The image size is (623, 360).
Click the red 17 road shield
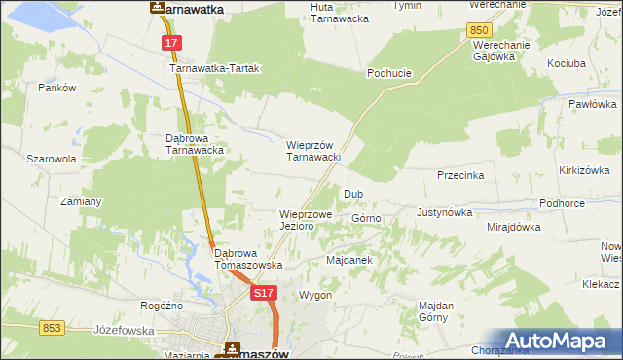(171, 44)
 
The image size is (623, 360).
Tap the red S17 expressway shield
(261, 292)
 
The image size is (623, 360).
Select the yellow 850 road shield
(478, 31)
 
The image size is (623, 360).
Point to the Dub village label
(352, 194)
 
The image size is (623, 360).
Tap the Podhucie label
(386, 73)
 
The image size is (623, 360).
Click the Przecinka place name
(461, 176)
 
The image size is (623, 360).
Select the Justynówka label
(444, 211)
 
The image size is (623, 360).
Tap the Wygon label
(315, 294)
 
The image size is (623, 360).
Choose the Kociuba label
(567, 61)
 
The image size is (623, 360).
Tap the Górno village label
(366, 219)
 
